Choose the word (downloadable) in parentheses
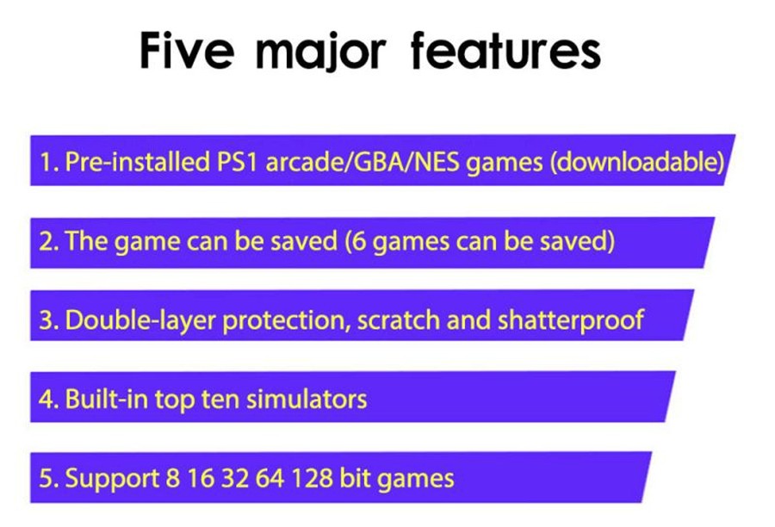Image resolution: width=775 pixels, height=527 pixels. click(636, 163)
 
